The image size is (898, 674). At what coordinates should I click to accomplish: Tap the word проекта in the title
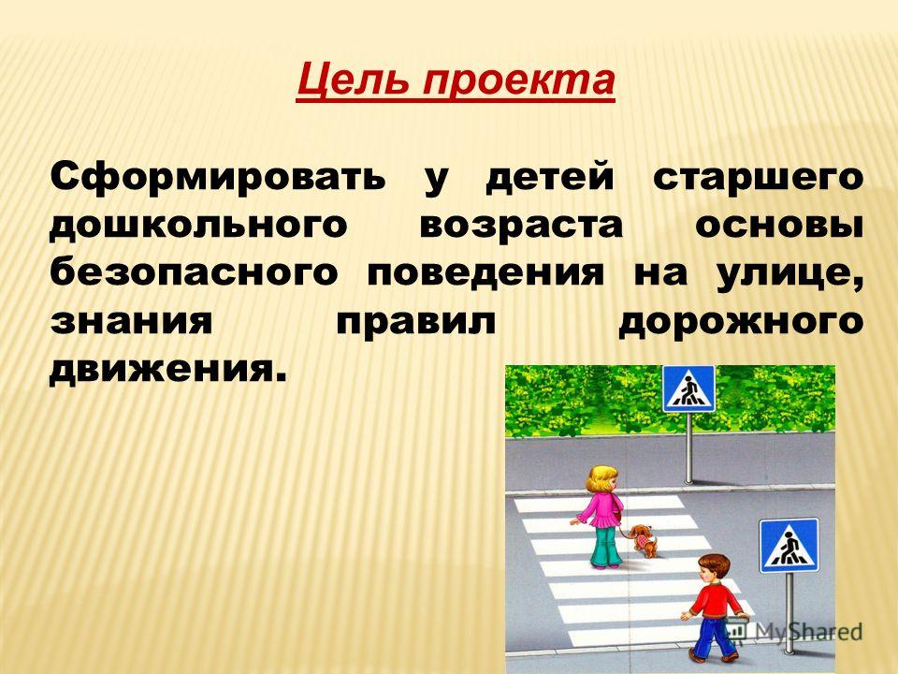coord(517,82)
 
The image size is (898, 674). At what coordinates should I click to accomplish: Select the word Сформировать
coord(218,178)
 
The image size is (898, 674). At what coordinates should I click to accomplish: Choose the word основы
coord(779,226)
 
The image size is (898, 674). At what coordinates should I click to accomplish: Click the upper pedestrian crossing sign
coord(688,388)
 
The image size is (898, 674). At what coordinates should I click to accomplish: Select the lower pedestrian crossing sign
coord(789,546)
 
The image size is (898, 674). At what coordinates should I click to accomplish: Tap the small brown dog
coord(644,540)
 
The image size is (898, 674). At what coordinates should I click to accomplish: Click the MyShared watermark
coord(794,632)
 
